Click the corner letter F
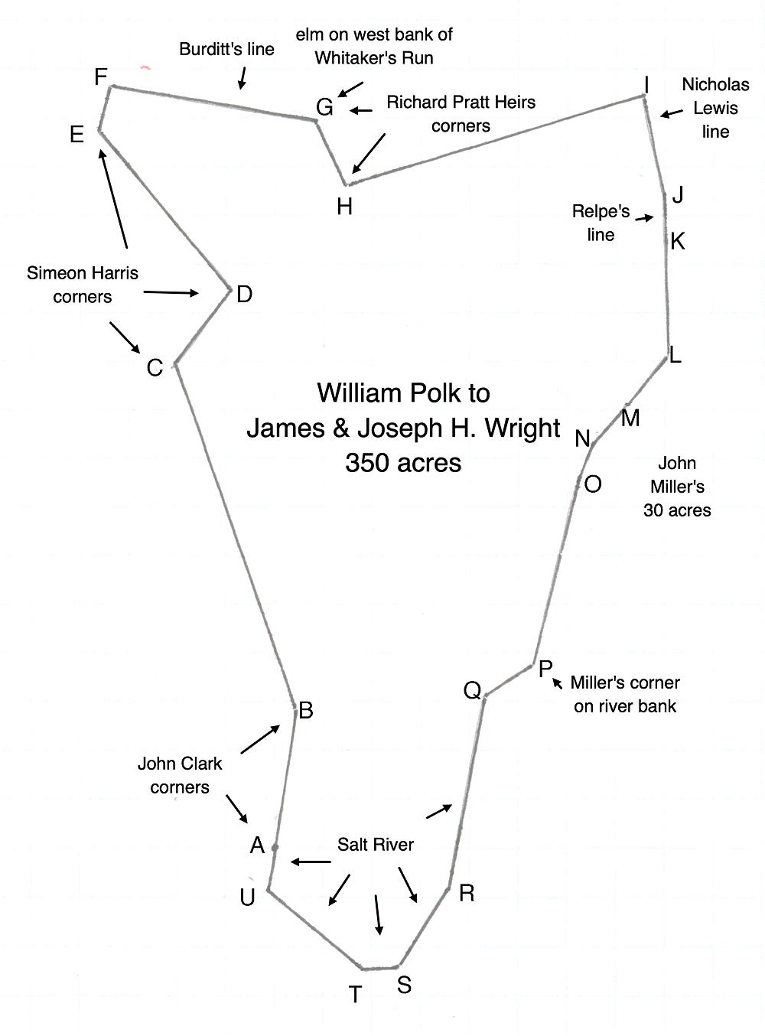click(x=100, y=77)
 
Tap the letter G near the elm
click(x=324, y=107)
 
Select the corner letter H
click(x=344, y=206)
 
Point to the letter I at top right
click(x=646, y=84)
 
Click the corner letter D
click(x=244, y=295)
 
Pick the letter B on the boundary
click(x=306, y=711)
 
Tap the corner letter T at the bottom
click(x=355, y=995)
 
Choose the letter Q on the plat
click(x=472, y=691)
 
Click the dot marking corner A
click(x=275, y=847)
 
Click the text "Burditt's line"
click(x=226, y=49)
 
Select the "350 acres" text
click(x=403, y=463)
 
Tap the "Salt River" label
click(x=375, y=845)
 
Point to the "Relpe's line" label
click(x=601, y=223)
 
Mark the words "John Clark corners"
click(x=180, y=775)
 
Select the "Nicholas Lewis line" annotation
click(x=715, y=108)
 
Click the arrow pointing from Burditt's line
click(x=243, y=77)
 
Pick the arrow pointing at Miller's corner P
click(x=559, y=681)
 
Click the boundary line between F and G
click(x=214, y=103)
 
